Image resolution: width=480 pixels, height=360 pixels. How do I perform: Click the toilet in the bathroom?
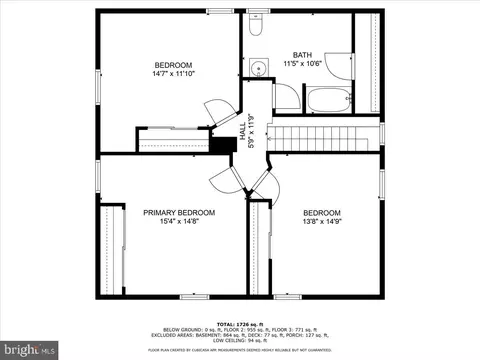click(x=256, y=27)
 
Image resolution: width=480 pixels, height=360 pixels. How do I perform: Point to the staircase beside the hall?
click(x=326, y=132)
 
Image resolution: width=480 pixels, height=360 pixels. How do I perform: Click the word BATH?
click(x=302, y=55)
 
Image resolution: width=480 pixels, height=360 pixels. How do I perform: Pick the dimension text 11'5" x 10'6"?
click(x=302, y=64)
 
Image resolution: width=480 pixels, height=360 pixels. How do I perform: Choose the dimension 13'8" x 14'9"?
click(x=322, y=222)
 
